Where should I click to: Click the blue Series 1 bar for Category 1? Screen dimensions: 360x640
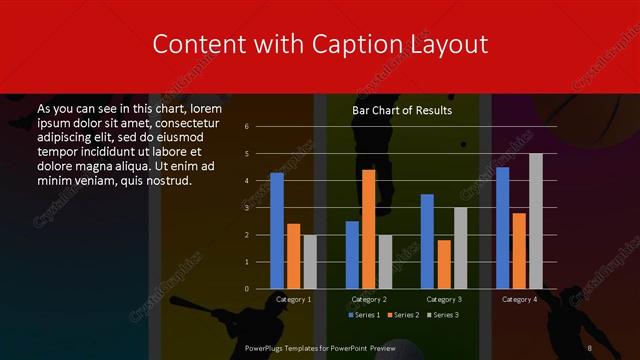click(277, 231)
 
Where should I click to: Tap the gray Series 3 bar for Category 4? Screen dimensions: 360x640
click(536, 221)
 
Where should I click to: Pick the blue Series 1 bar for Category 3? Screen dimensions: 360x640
click(427, 241)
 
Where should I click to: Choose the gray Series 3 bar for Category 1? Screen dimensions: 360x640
click(310, 262)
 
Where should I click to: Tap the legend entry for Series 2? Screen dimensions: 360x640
click(402, 315)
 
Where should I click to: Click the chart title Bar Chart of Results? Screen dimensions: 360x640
click(402, 110)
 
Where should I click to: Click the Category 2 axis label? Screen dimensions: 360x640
click(369, 299)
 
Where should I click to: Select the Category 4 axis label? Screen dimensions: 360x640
click(519, 299)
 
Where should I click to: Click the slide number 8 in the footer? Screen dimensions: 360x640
click(590, 347)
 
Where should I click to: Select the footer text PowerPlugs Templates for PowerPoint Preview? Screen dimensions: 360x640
click(320, 347)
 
